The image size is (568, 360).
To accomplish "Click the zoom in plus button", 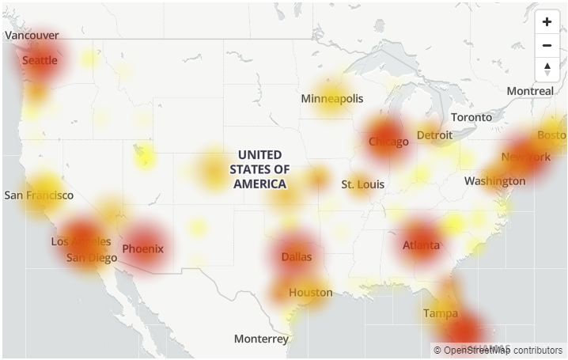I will click(x=547, y=21).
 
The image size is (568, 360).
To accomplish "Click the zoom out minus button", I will click(x=547, y=45).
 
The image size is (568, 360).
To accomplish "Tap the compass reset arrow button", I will click(x=547, y=69).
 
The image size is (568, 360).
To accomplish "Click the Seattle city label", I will click(x=40, y=60).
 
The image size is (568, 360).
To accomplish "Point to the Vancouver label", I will click(x=32, y=36).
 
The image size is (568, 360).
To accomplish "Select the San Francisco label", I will click(x=39, y=195).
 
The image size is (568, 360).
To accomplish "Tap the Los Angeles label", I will click(x=81, y=241).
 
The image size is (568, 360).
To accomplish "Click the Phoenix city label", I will click(x=142, y=248).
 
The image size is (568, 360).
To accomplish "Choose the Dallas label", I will click(x=296, y=256).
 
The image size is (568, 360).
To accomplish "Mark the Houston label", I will click(x=310, y=292).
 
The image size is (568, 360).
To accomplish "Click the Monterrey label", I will click(x=261, y=339).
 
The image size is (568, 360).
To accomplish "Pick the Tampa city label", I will click(x=440, y=313).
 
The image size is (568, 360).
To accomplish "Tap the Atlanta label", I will click(x=421, y=245).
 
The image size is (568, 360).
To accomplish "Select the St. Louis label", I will click(x=362, y=184).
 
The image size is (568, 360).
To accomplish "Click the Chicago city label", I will click(x=388, y=142).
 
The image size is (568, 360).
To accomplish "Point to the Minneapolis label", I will click(x=331, y=98).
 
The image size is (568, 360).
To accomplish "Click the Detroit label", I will click(x=434, y=135).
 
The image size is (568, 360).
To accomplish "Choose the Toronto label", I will click(x=471, y=117).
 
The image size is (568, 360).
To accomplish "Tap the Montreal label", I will click(x=530, y=91).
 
